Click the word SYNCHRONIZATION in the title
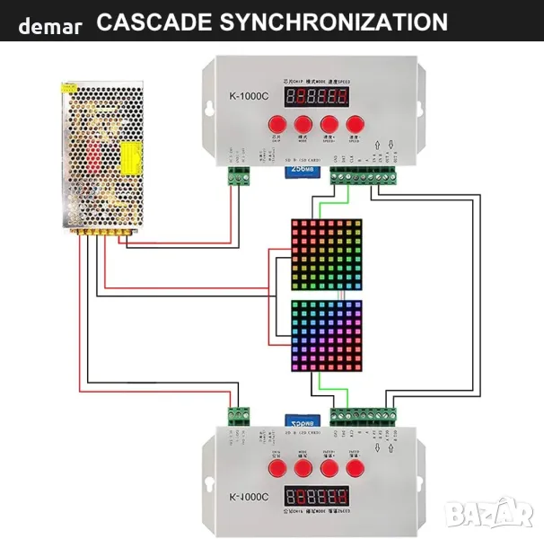pyautogui.click(x=331, y=22)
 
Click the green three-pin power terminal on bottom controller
pyautogui.click(x=238, y=416)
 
